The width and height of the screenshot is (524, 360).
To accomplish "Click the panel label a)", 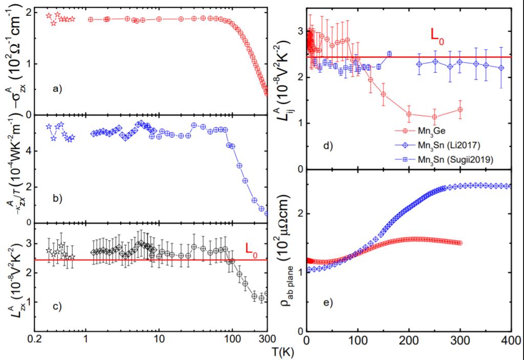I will pyautogui.click(x=57, y=88).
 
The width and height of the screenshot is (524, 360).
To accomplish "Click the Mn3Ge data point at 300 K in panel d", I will pyautogui.click(x=461, y=109).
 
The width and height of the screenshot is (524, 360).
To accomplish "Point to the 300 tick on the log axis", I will pyautogui.click(x=265, y=340).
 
